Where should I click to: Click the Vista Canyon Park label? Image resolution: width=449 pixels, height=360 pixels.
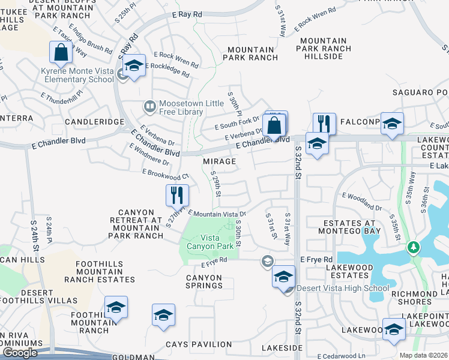coord(208,242)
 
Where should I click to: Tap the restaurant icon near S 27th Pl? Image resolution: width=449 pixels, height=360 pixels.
coord(177,195)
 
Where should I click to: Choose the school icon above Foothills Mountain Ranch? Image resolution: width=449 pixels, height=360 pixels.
coord(116,307)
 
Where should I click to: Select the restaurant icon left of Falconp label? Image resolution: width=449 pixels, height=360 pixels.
coord(324,124)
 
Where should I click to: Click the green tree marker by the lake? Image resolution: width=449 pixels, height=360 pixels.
coord(413,247)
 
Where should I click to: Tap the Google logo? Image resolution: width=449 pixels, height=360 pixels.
coord(20,353)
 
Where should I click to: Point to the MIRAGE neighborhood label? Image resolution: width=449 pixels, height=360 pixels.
coord(219,161)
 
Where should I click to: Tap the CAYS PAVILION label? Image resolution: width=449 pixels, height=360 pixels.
coord(199,344)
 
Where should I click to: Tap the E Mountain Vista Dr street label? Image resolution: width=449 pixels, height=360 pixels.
coord(217,213)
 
